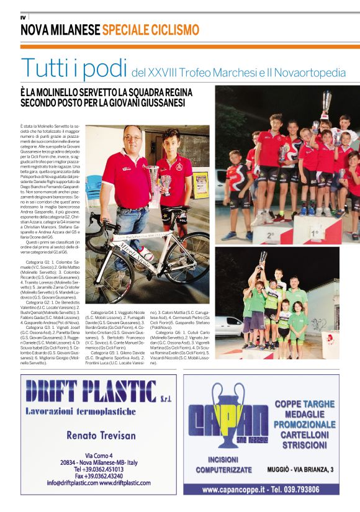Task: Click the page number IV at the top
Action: tap(24, 16)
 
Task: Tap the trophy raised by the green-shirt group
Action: tap(263, 258)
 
